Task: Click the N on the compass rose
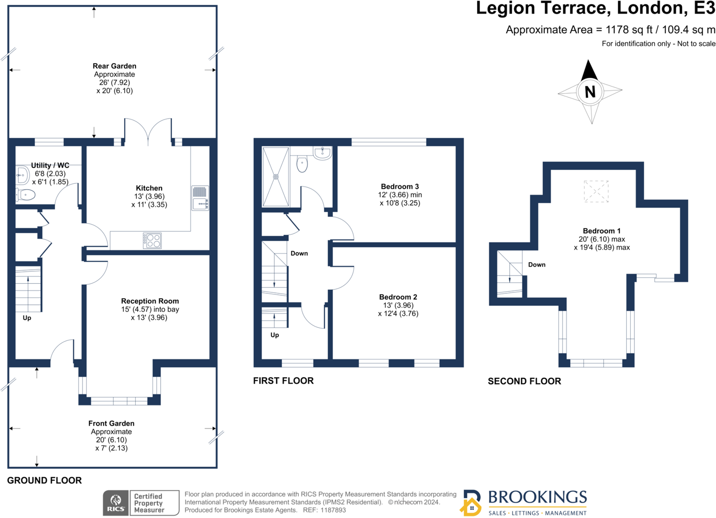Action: coord(590,91)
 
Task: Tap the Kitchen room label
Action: coord(149,188)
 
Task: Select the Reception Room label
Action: coord(150,301)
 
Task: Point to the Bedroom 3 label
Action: coord(400,186)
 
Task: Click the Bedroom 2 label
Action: coord(398,297)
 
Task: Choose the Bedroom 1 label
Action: coord(601,231)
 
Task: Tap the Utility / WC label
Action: coord(50,166)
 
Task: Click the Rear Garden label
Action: coord(115,66)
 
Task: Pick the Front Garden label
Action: coord(111,423)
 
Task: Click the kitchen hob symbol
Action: coord(153,240)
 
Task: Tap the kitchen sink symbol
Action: coord(199,199)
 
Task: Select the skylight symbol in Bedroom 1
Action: coord(596,192)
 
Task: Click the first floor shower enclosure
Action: coord(275,177)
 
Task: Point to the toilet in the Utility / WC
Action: coord(26,195)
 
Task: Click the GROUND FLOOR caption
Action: coord(45,480)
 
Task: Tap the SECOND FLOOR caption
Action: coord(524,381)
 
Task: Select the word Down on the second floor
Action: coord(537,265)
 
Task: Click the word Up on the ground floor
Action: coord(27,318)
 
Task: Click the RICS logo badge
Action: coord(115,503)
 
